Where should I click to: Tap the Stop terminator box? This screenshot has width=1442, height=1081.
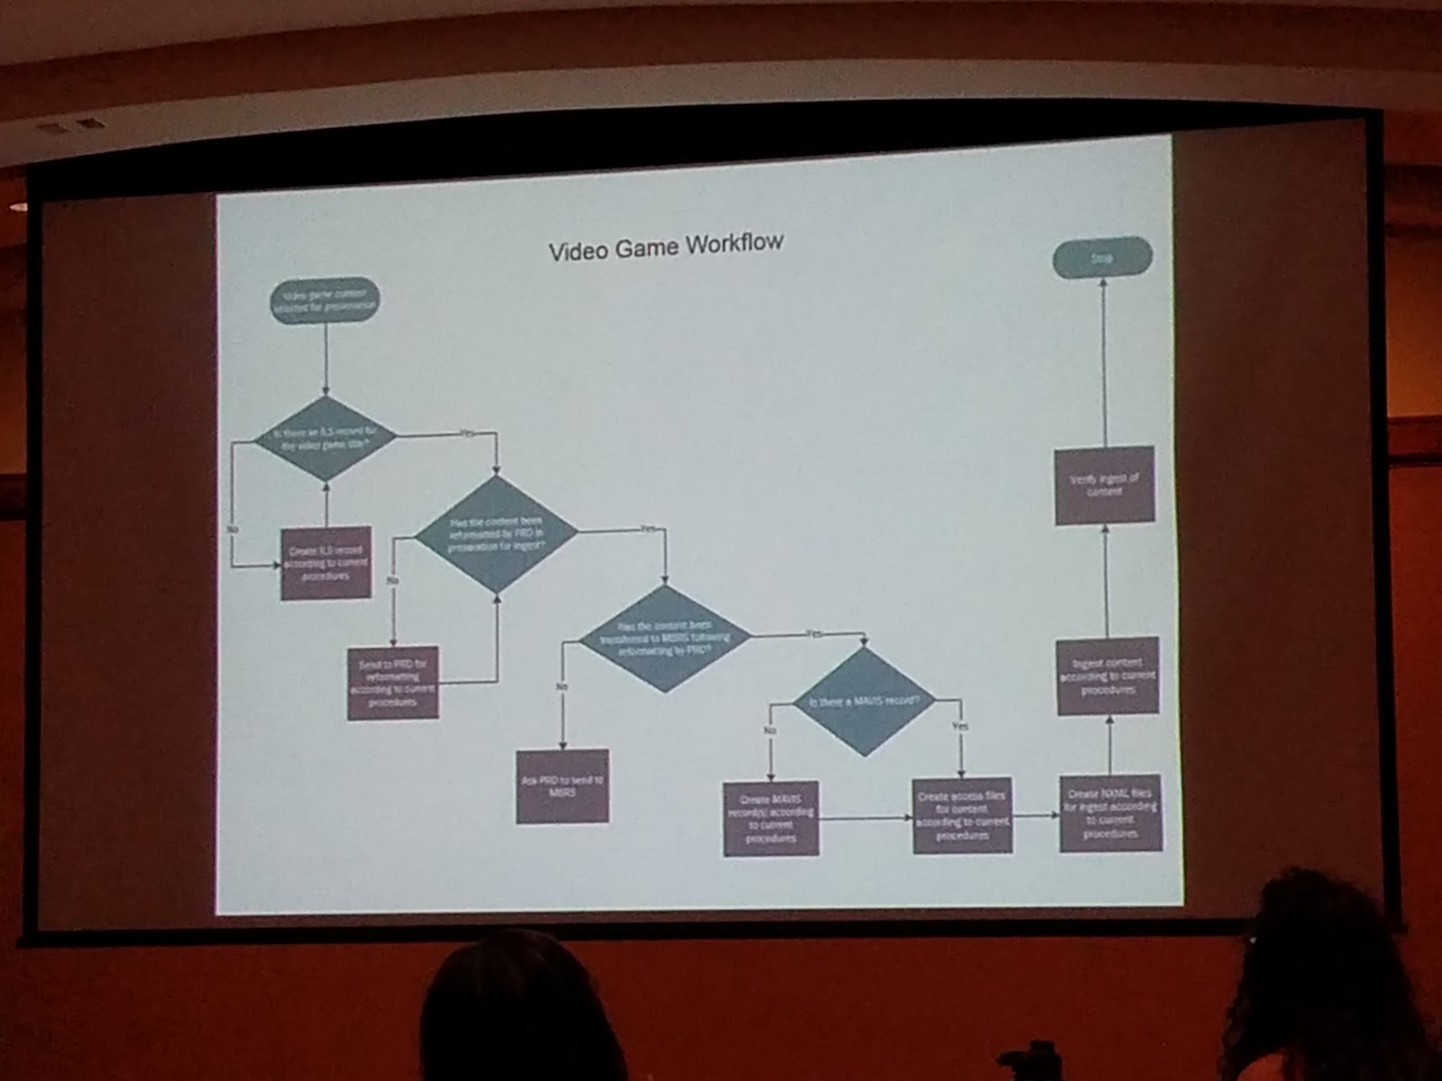click(1102, 259)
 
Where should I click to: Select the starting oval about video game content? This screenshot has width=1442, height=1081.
click(325, 300)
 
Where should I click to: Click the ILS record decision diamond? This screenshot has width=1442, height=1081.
click(325, 438)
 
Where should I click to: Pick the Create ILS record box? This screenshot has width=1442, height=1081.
click(326, 563)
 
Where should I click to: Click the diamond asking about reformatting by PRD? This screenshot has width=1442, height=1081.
click(496, 534)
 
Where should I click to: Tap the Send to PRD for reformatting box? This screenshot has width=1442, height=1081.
click(394, 683)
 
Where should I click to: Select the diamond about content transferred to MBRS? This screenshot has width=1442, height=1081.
click(665, 638)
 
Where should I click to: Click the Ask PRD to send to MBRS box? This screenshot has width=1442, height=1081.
click(562, 786)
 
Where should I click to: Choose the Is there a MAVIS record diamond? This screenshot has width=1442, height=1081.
click(864, 702)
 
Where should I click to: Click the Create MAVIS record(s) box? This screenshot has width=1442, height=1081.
click(771, 818)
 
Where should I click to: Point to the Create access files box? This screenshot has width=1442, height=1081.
click(962, 816)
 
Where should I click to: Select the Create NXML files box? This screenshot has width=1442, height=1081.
click(1110, 813)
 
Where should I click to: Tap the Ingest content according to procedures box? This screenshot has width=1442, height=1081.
click(1108, 677)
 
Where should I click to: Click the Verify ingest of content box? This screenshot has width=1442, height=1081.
click(1105, 486)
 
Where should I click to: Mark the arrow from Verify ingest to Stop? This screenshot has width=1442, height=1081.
click(1104, 360)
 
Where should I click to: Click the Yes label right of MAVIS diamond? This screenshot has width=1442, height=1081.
click(961, 726)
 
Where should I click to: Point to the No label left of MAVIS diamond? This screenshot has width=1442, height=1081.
click(771, 731)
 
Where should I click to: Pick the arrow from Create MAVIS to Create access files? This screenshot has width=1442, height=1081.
click(866, 819)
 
